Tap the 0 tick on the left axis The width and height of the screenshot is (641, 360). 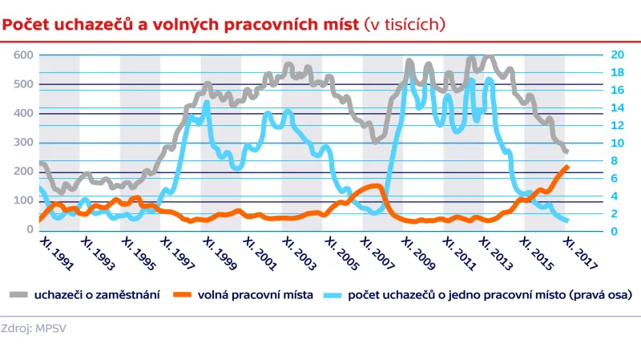[x=30, y=229]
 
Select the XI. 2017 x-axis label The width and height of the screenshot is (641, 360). [x=588, y=252]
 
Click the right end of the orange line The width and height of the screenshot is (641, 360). [x=567, y=167]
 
